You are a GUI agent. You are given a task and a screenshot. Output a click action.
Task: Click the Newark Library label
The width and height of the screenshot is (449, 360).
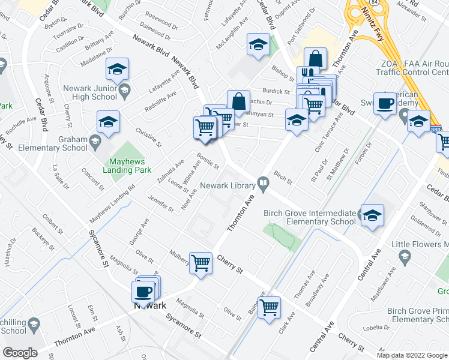click(228, 186)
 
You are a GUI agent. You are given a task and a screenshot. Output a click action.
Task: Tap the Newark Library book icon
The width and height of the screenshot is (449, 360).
click(263, 182)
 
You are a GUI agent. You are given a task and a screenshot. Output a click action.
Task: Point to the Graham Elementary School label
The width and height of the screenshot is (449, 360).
click(53, 144)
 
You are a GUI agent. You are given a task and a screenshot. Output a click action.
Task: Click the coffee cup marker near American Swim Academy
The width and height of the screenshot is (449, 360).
click(384, 103)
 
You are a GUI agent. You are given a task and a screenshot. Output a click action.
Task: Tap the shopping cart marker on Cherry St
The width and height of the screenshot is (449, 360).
click(201, 262)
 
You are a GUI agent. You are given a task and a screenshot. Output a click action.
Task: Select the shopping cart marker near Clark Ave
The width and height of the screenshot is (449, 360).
click(269, 307)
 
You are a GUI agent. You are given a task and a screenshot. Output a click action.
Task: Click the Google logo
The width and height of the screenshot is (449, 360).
click(19, 353)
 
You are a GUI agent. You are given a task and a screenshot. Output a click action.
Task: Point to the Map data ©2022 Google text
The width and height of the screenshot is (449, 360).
click(411, 355)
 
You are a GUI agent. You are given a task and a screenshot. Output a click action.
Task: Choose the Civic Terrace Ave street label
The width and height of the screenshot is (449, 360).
click(324, 136)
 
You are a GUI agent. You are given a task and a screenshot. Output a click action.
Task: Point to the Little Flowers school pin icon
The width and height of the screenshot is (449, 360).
click(405, 257)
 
